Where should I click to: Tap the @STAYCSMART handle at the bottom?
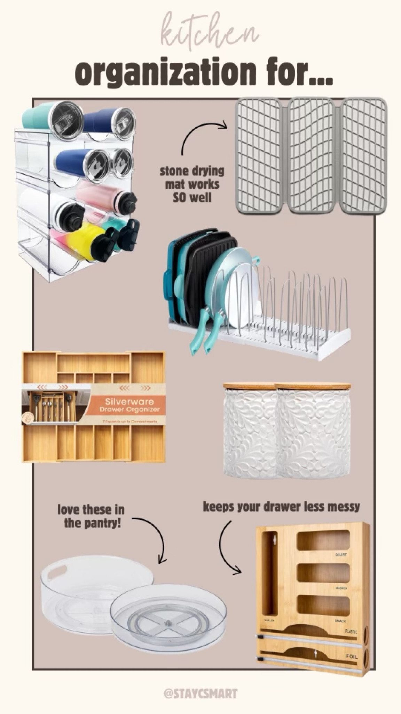(200, 693)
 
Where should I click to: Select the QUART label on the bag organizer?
(341, 554)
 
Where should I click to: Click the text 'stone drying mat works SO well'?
(192, 184)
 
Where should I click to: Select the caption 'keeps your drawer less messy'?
(281, 507)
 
